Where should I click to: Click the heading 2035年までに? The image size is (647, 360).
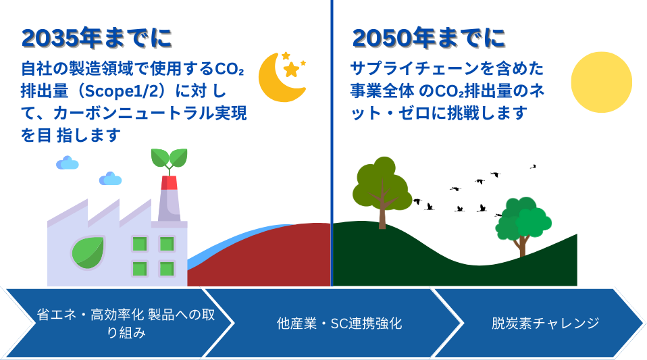pyautogui.click(x=97, y=38)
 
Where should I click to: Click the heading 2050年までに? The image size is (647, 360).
pyautogui.click(x=429, y=38)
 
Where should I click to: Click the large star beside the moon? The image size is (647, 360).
pyautogui.click(x=291, y=70)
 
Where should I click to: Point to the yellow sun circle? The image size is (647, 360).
pyautogui.click(x=601, y=82)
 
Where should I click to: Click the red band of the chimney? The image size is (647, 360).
pyautogui.click(x=169, y=183)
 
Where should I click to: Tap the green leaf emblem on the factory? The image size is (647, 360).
pyautogui.click(x=88, y=253)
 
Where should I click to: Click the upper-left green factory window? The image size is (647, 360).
pyautogui.click(x=140, y=244)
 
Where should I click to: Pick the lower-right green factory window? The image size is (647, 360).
pyautogui.click(x=167, y=269)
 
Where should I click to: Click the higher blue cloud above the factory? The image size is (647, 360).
pyautogui.click(x=68, y=163)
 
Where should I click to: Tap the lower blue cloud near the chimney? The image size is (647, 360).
pyautogui.click(x=110, y=179)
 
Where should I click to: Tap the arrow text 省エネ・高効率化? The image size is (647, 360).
pyautogui.click(x=90, y=315)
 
